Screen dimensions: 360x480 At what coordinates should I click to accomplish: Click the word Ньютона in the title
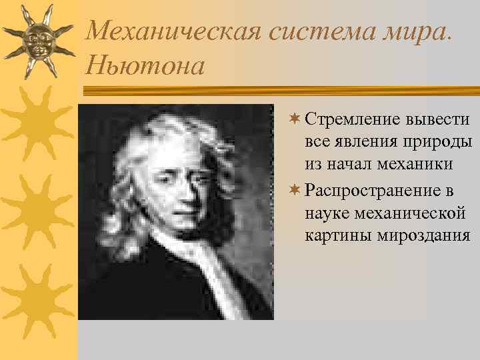point(145,65)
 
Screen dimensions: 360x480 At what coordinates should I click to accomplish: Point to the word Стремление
point(351,120)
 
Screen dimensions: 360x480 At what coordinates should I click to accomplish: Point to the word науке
point(327,213)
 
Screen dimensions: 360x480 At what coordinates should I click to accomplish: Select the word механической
point(408,213)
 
